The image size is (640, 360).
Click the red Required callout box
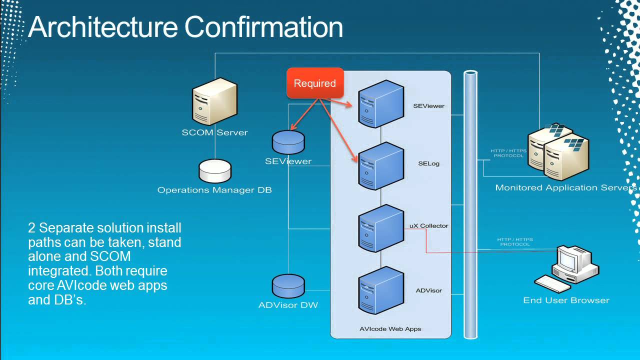315,83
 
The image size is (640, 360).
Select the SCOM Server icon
214,101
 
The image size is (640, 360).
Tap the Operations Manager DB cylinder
215,171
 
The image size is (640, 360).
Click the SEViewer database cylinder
288,142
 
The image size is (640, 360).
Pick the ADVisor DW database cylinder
288,286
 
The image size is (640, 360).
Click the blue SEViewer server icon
381,104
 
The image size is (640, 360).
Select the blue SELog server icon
381,166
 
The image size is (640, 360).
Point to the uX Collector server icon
381,228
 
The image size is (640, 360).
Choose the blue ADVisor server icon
381,290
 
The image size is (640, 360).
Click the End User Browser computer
567,268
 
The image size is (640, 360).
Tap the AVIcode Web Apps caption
390,329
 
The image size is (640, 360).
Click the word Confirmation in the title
263,27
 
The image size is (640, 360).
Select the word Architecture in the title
103,27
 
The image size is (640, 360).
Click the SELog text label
428,163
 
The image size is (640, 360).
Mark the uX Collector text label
428,225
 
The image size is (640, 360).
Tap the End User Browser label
566,300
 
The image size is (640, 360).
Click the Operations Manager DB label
214,190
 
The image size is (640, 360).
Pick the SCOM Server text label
214,132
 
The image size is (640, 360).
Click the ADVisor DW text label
288,305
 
